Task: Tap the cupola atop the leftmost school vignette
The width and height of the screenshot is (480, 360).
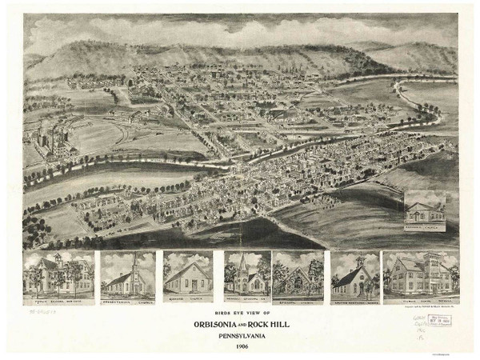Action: pos(58,258)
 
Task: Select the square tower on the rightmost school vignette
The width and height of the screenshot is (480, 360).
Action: pos(433,266)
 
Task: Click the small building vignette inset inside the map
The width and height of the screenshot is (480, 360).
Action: pos(425,210)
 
